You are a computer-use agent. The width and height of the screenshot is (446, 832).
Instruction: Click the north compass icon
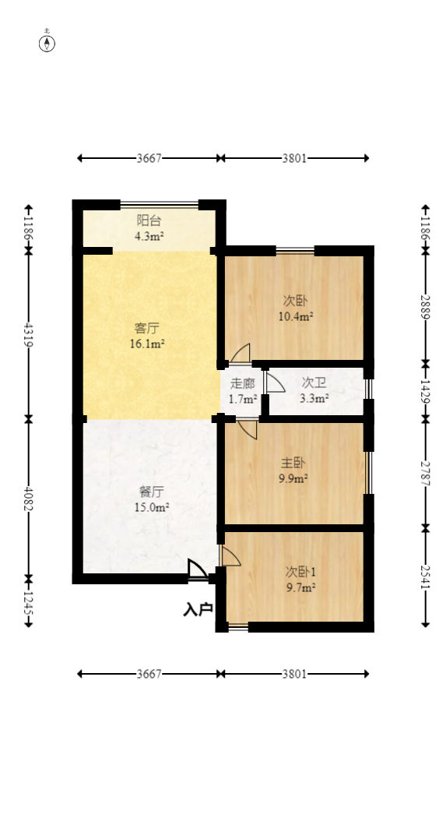47,42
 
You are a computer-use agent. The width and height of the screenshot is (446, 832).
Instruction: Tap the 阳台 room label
149,220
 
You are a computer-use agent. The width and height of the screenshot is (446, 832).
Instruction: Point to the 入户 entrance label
198,609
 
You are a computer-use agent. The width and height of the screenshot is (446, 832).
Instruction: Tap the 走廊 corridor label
243,383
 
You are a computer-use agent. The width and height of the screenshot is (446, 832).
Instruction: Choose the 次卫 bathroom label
314,383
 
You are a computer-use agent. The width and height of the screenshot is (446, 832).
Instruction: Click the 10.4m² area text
296,316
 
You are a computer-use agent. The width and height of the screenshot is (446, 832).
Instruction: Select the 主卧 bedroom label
293,463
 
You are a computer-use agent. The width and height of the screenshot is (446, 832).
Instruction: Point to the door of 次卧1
230,555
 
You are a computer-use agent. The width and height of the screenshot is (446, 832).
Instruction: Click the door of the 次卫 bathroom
275,383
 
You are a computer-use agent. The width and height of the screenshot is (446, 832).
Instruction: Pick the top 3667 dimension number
149,158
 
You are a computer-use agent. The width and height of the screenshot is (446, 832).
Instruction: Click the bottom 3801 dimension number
294,673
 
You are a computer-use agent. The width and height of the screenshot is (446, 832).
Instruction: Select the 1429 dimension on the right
425,391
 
